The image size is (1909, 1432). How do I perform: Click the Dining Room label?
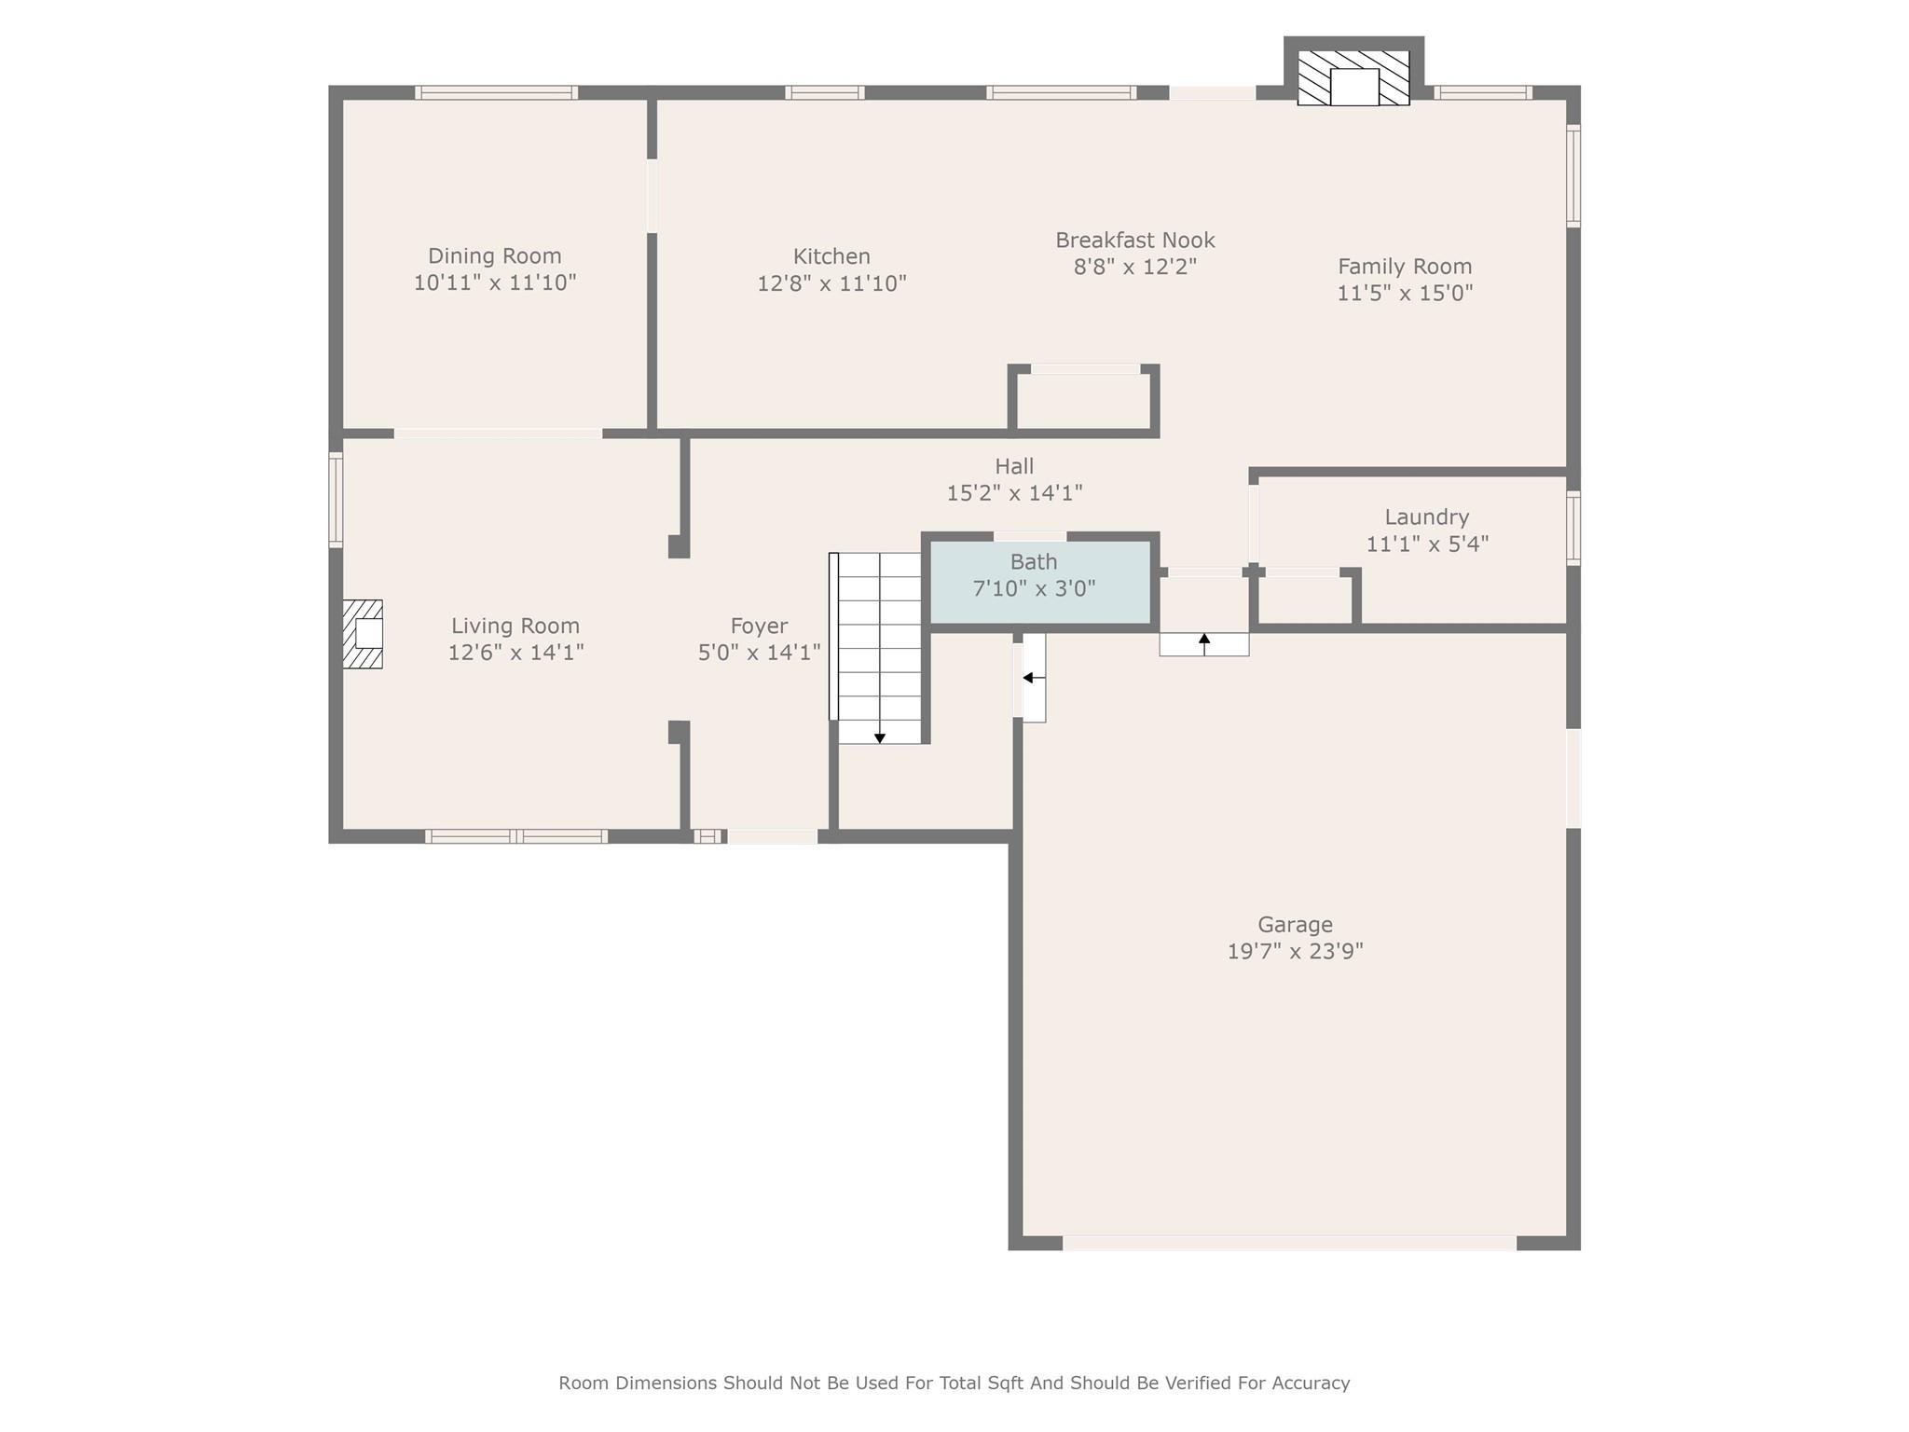(x=494, y=255)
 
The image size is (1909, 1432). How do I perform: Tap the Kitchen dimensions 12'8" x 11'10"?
(x=831, y=283)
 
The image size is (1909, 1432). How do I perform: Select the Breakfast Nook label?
(x=1134, y=241)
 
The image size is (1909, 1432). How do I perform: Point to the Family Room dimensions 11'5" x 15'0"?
(x=1405, y=294)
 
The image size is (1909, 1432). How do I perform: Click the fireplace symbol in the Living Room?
(x=363, y=634)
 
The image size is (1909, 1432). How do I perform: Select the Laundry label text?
(x=1426, y=517)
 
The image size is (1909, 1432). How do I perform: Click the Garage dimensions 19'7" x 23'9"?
(x=1295, y=952)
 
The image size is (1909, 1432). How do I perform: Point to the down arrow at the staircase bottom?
(x=879, y=738)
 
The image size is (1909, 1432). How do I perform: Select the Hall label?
(x=1014, y=466)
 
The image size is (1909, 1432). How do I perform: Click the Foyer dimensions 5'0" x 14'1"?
(x=759, y=653)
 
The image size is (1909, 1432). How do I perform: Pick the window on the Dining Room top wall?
(x=496, y=92)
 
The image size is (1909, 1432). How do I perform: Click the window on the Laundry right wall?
(x=1573, y=528)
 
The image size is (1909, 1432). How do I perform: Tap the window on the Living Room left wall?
(x=336, y=499)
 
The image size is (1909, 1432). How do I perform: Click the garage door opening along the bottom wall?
(x=1289, y=1243)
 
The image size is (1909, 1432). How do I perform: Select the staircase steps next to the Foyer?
(x=879, y=643)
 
